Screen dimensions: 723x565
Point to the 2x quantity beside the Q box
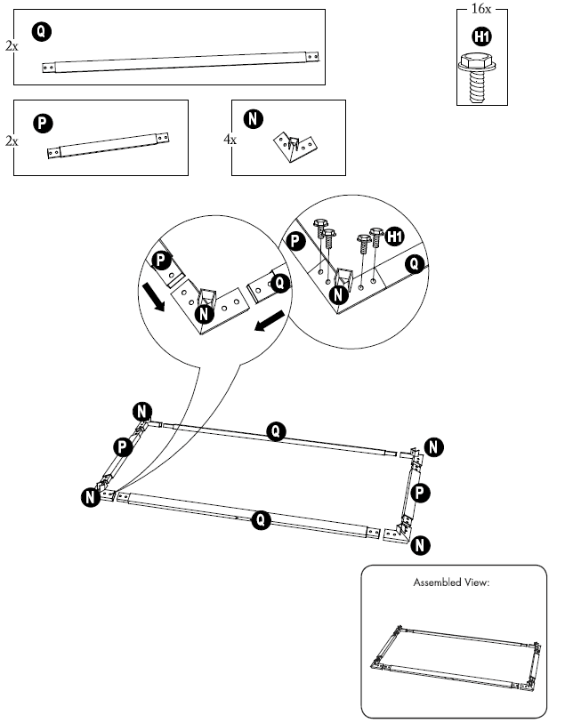coord(11,44)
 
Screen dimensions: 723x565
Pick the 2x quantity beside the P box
coord(11,141)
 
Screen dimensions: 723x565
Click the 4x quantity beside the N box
coord(229,141)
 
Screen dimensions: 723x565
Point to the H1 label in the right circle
coord(395,237)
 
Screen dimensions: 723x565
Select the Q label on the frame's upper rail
coord(277,431)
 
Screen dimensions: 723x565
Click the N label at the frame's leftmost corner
coord(90,497)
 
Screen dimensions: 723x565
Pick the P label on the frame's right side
coord(423,491)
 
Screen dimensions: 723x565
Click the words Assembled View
coord(452,583)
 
